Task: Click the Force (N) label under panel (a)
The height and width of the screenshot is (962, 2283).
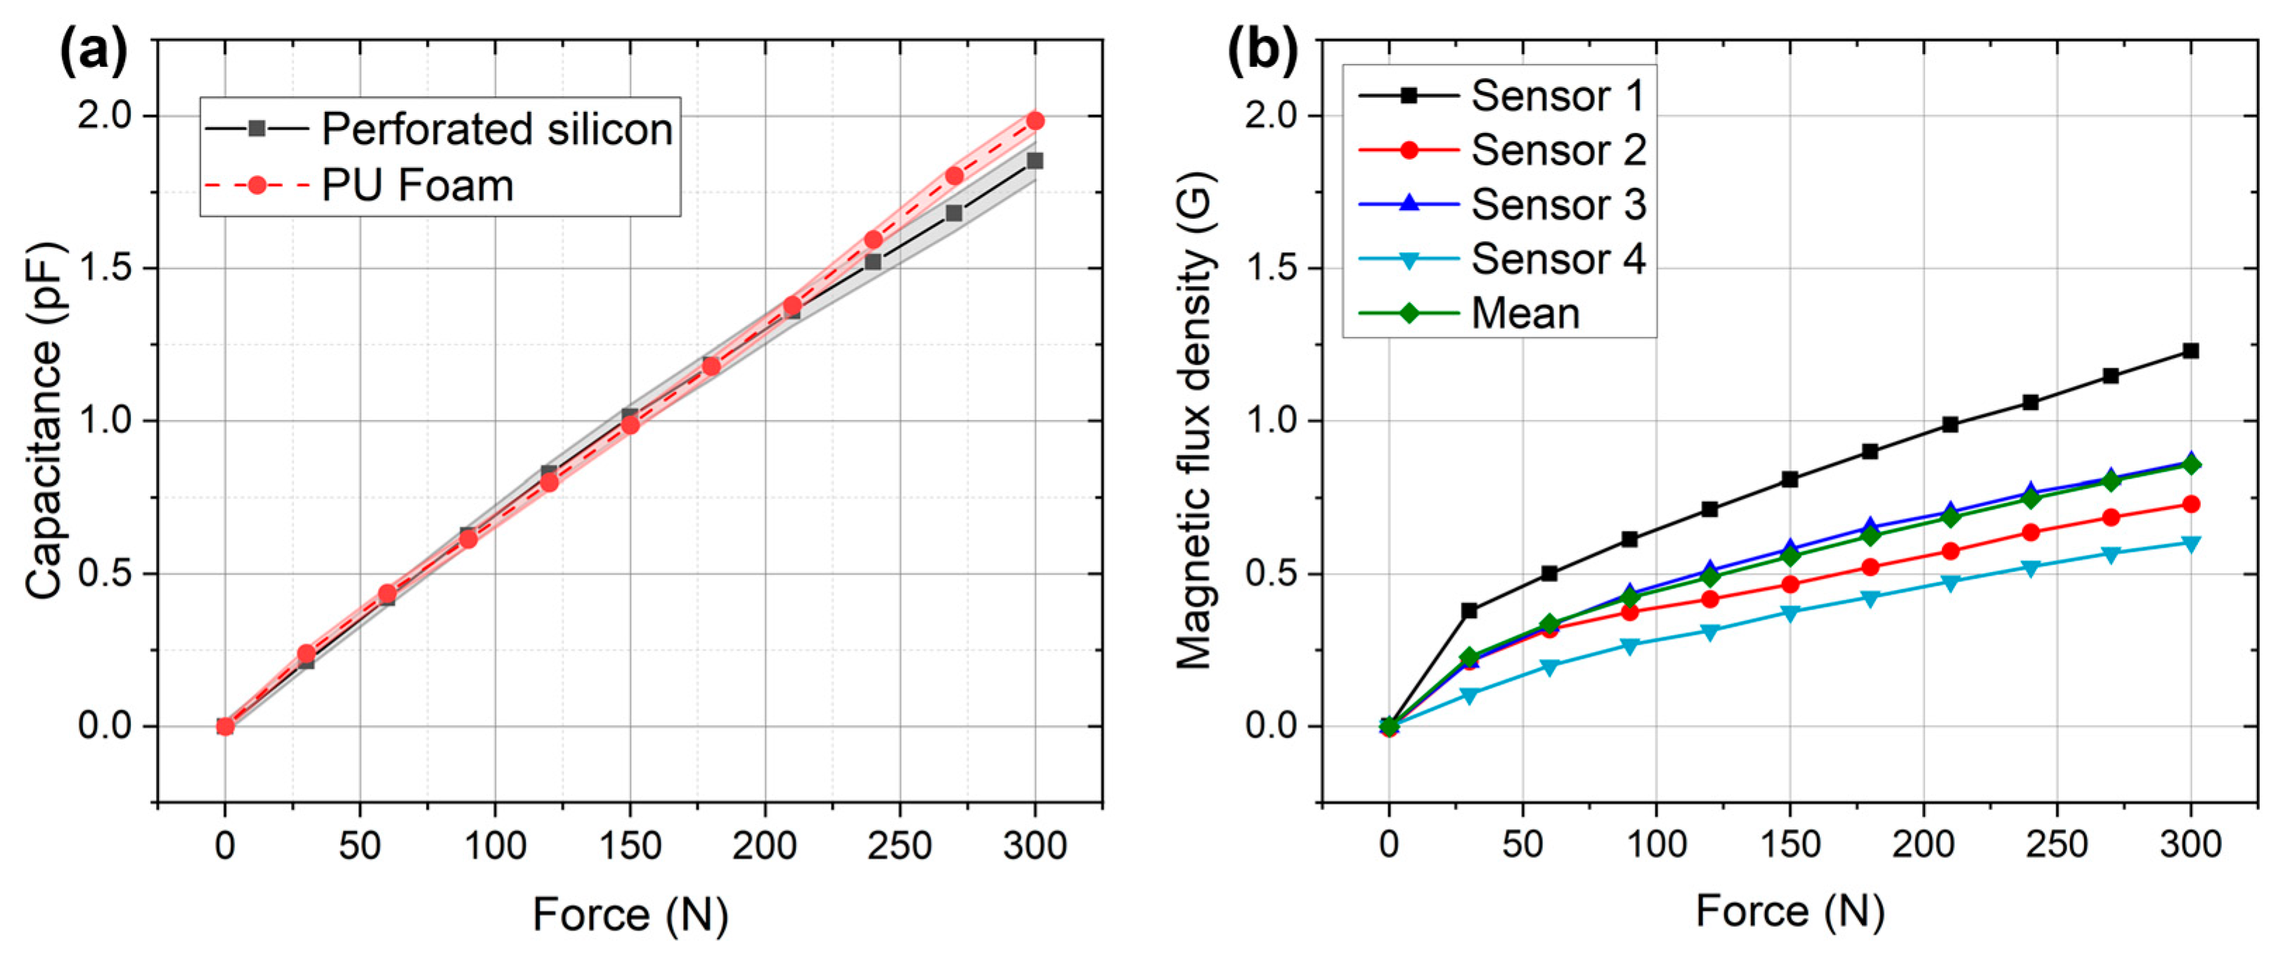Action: pyautogui.click(x=629, y=914)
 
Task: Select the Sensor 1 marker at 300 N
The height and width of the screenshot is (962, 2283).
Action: pyautogui.click(x=2191, y=351)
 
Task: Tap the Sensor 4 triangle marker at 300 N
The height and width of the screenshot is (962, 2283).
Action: pyautogui.click(x=2191, y=544)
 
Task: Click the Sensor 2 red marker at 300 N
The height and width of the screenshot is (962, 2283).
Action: pyautogui.click(x=2191, y=504)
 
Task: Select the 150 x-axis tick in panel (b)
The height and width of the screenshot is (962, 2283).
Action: pyautogui.click(x=1790, y=844)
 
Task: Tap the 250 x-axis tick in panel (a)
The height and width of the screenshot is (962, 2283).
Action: pyautogui.click(x=900, y=846)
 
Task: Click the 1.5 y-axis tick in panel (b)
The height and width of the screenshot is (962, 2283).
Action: pyautogui.click(x=1271, y=268)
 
